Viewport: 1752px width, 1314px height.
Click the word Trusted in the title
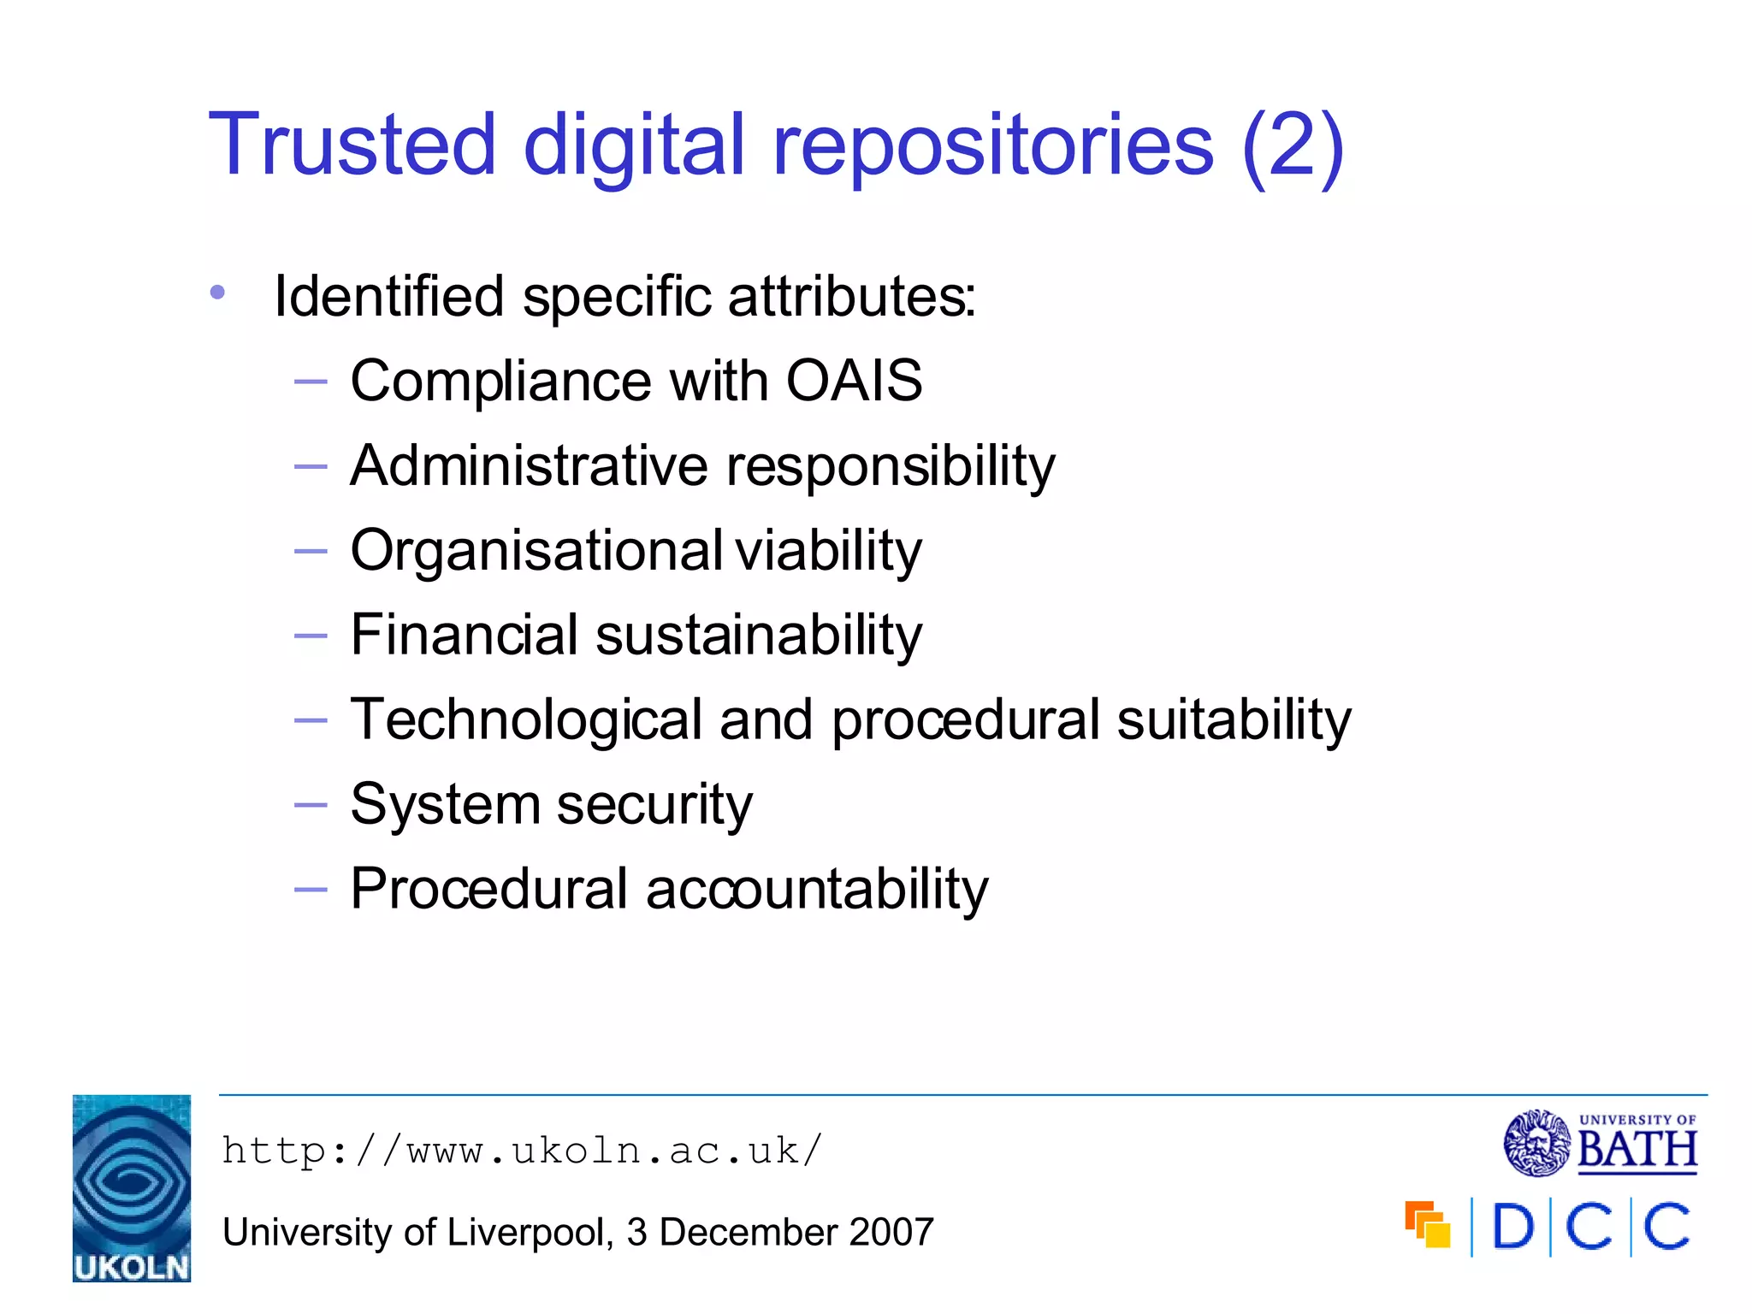coord(352,145)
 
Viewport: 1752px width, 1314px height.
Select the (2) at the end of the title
coord(1293,146)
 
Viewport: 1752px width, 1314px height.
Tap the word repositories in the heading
coord(993,146)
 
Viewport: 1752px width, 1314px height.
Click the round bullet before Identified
coord(217,293)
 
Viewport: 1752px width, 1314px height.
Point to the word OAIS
coord(854,380)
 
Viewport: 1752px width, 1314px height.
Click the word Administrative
coord(530,465)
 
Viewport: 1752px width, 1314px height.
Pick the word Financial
coord(465,635)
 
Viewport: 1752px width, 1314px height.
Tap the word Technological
coord(526,720)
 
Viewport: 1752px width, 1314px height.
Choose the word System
coord(445,804)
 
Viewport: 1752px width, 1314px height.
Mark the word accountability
coord(817,889)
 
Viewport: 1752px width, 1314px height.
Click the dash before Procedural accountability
coord(310,890)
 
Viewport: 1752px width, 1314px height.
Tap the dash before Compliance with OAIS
coord(310,382)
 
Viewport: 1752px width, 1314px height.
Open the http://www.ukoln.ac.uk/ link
coord(522,1151)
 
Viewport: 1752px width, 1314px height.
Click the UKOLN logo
coord(132,1187)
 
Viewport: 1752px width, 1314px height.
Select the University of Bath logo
coord(1600,1143)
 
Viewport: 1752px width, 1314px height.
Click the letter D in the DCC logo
coord(1512,1227)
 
